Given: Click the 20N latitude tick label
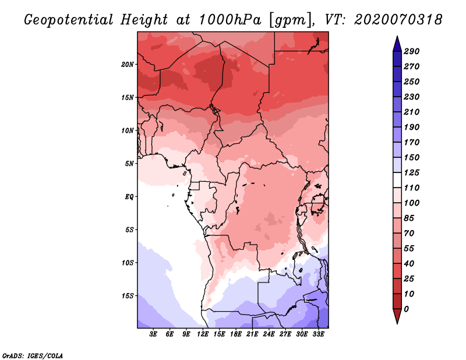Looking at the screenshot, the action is pos(128,65).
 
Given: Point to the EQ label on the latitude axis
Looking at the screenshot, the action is pos(129,197).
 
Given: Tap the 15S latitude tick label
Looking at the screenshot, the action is pos(128,296).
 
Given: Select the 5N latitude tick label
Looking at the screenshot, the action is pos(129,164).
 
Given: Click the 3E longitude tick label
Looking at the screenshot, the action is pos(153,334).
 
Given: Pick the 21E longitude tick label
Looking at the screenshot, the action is pos(252,334).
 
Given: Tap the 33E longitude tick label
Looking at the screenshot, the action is pos(318,334).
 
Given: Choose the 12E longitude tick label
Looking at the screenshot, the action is pos(203,334).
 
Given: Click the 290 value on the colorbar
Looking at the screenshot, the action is pos(412,51).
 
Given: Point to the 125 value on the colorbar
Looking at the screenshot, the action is pos(412,172).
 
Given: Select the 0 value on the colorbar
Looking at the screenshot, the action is pos(406,309).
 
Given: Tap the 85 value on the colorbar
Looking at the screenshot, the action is pos(409,218).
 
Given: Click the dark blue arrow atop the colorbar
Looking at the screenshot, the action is pos(397,44).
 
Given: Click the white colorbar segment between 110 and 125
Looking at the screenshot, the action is pos(397,180).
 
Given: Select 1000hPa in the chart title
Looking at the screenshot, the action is pos(230,20).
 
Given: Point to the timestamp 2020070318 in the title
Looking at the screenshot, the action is pos(398,20).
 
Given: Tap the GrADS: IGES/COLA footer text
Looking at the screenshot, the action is pos(33,356).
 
